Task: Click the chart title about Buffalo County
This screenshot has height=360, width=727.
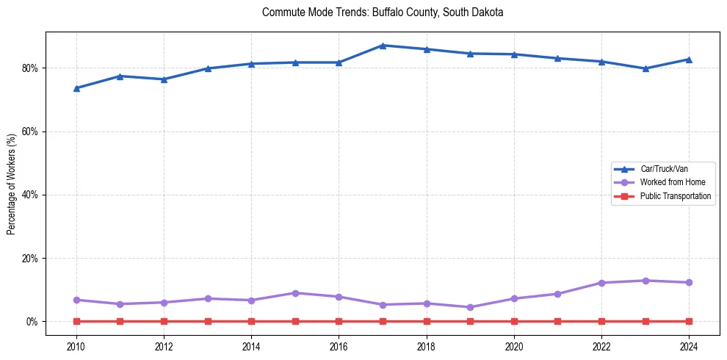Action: point(382,12)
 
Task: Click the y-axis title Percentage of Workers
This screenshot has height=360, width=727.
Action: point(12,184)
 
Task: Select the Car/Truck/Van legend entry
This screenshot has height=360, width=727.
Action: point(664,169)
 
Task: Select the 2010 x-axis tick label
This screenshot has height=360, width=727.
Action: point(76,346)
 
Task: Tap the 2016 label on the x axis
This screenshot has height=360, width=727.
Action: point(339,346)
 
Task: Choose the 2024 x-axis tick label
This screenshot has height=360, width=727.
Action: point(689,346)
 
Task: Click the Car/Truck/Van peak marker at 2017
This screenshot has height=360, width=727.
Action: point(383,46)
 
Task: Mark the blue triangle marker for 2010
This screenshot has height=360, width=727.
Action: point(76,88)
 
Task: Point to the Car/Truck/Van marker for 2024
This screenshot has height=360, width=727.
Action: point(689,60)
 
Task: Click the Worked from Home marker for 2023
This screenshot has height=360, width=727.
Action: point(645,281)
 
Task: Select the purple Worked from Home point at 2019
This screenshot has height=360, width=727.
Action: point(470,307)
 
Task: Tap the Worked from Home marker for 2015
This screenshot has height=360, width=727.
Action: point(295,293)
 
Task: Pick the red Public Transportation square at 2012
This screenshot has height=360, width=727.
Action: point(164,321)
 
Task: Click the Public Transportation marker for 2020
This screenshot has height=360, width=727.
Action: point(514,321)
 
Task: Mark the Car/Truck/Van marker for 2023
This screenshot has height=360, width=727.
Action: point(645,68)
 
